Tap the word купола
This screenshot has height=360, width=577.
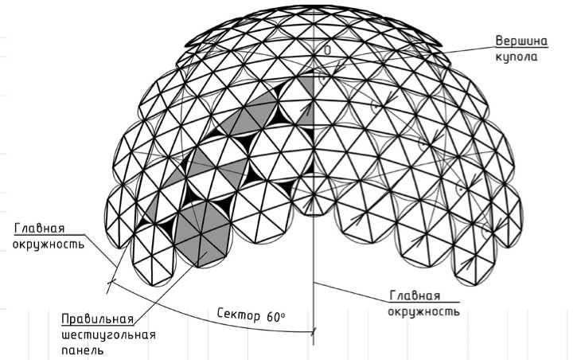pyautogui.click(x=519, y=57)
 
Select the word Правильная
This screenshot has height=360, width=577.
pyautogui.click(x=96, y=319)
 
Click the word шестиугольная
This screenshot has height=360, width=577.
pyautogui.click(x=107, y=335)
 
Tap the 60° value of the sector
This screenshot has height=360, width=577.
pyautogui.click(x=276, y=315)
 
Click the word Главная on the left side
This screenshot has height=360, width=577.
pyautogui.click(x=37, y=228)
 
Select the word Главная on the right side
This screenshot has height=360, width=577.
pyautogui.click(x=415, y=295)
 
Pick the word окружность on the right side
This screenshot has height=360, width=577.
pyautogui.click(x=424, y=311)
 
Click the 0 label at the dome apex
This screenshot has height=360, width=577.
pyautogui.click(x=326, y=49)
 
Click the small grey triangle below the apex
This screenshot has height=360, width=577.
pyautogui.click(x=309, y=84)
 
